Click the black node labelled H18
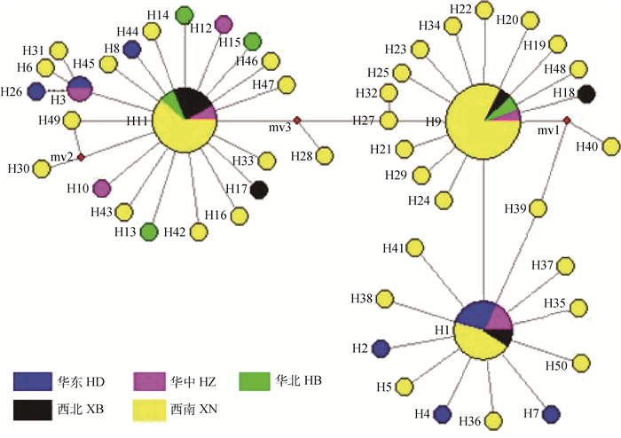(x=586, y=93)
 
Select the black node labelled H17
(x=259, y=189)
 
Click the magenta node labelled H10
(x=102, y=187)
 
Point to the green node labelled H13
(x=149, y=231)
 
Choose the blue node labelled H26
(x=36, y=90)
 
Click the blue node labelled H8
(x=131, y=50)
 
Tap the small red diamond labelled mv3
(x=297, y=120)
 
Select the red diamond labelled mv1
(x=565, y=121)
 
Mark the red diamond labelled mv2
(x=81, y=157)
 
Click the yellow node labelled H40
(x=611, y=146)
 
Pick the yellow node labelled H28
(x=326, y=155)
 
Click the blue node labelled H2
(x=381, y=348)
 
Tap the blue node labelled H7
(x=551, y=412)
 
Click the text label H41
(x=391, y=247)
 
